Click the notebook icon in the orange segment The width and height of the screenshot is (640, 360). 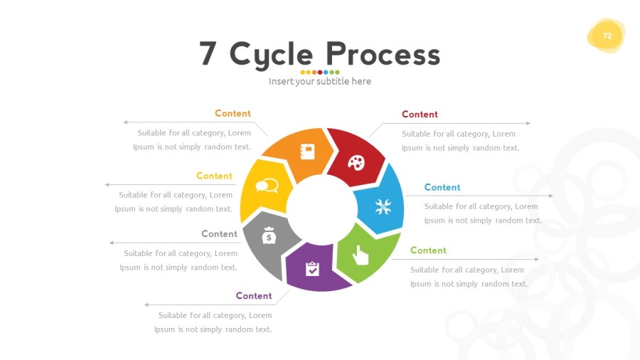[308, 152]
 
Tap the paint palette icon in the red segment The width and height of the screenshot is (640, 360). [356, 163]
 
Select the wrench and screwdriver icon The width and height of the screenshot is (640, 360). [383, 207]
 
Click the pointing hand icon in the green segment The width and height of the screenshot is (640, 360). [361, 255]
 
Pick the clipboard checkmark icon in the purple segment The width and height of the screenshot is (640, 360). [312, 268]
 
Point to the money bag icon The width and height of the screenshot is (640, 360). [268, 235]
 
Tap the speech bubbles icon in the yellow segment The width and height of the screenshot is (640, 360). [267, 187]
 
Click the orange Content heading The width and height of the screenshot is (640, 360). [233, 113]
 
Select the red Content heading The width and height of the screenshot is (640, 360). [420, 114]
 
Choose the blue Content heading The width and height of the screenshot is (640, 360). [442, 187]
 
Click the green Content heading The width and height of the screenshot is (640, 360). [428, 250]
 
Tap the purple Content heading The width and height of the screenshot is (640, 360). [254, 296]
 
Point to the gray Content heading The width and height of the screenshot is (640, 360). [219, 233]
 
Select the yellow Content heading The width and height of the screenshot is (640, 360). [214, 176]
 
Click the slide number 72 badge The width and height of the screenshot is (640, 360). [607, 36]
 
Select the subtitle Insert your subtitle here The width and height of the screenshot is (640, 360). [320, 81]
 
